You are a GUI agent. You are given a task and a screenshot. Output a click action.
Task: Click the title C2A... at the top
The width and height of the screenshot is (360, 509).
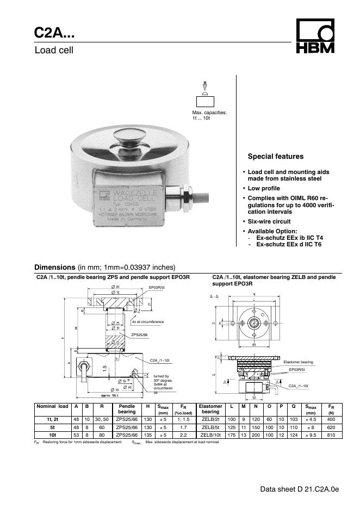click(55, 34)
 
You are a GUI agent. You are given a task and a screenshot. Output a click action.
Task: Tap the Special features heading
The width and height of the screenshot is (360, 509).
click(275, 157)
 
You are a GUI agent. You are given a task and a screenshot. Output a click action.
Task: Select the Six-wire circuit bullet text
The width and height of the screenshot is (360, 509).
click(269, 221)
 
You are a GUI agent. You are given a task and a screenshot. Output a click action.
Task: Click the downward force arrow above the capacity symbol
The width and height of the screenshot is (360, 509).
click(204, 85)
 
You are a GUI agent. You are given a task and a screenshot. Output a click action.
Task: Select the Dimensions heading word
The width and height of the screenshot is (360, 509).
click(54, 267)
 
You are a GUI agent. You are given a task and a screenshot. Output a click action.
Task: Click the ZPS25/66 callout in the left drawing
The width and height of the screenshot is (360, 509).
click(139, 336)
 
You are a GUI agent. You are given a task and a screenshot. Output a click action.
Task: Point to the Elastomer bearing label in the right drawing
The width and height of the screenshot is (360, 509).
click(299, 362)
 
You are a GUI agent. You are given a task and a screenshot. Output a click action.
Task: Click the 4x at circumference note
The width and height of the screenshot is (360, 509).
click(147, 322)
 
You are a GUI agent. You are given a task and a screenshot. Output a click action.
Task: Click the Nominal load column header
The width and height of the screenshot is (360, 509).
click(52, 406)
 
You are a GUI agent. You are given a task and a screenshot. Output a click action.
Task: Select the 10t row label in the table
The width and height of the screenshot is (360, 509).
click(52, 434)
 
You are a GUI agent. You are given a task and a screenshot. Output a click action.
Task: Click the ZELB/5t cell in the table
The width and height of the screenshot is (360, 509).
click(210, 427)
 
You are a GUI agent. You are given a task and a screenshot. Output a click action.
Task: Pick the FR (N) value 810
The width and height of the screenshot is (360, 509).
click(331, 434)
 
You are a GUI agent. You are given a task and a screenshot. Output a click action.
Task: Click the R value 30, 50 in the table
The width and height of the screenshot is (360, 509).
click(102, 420)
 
